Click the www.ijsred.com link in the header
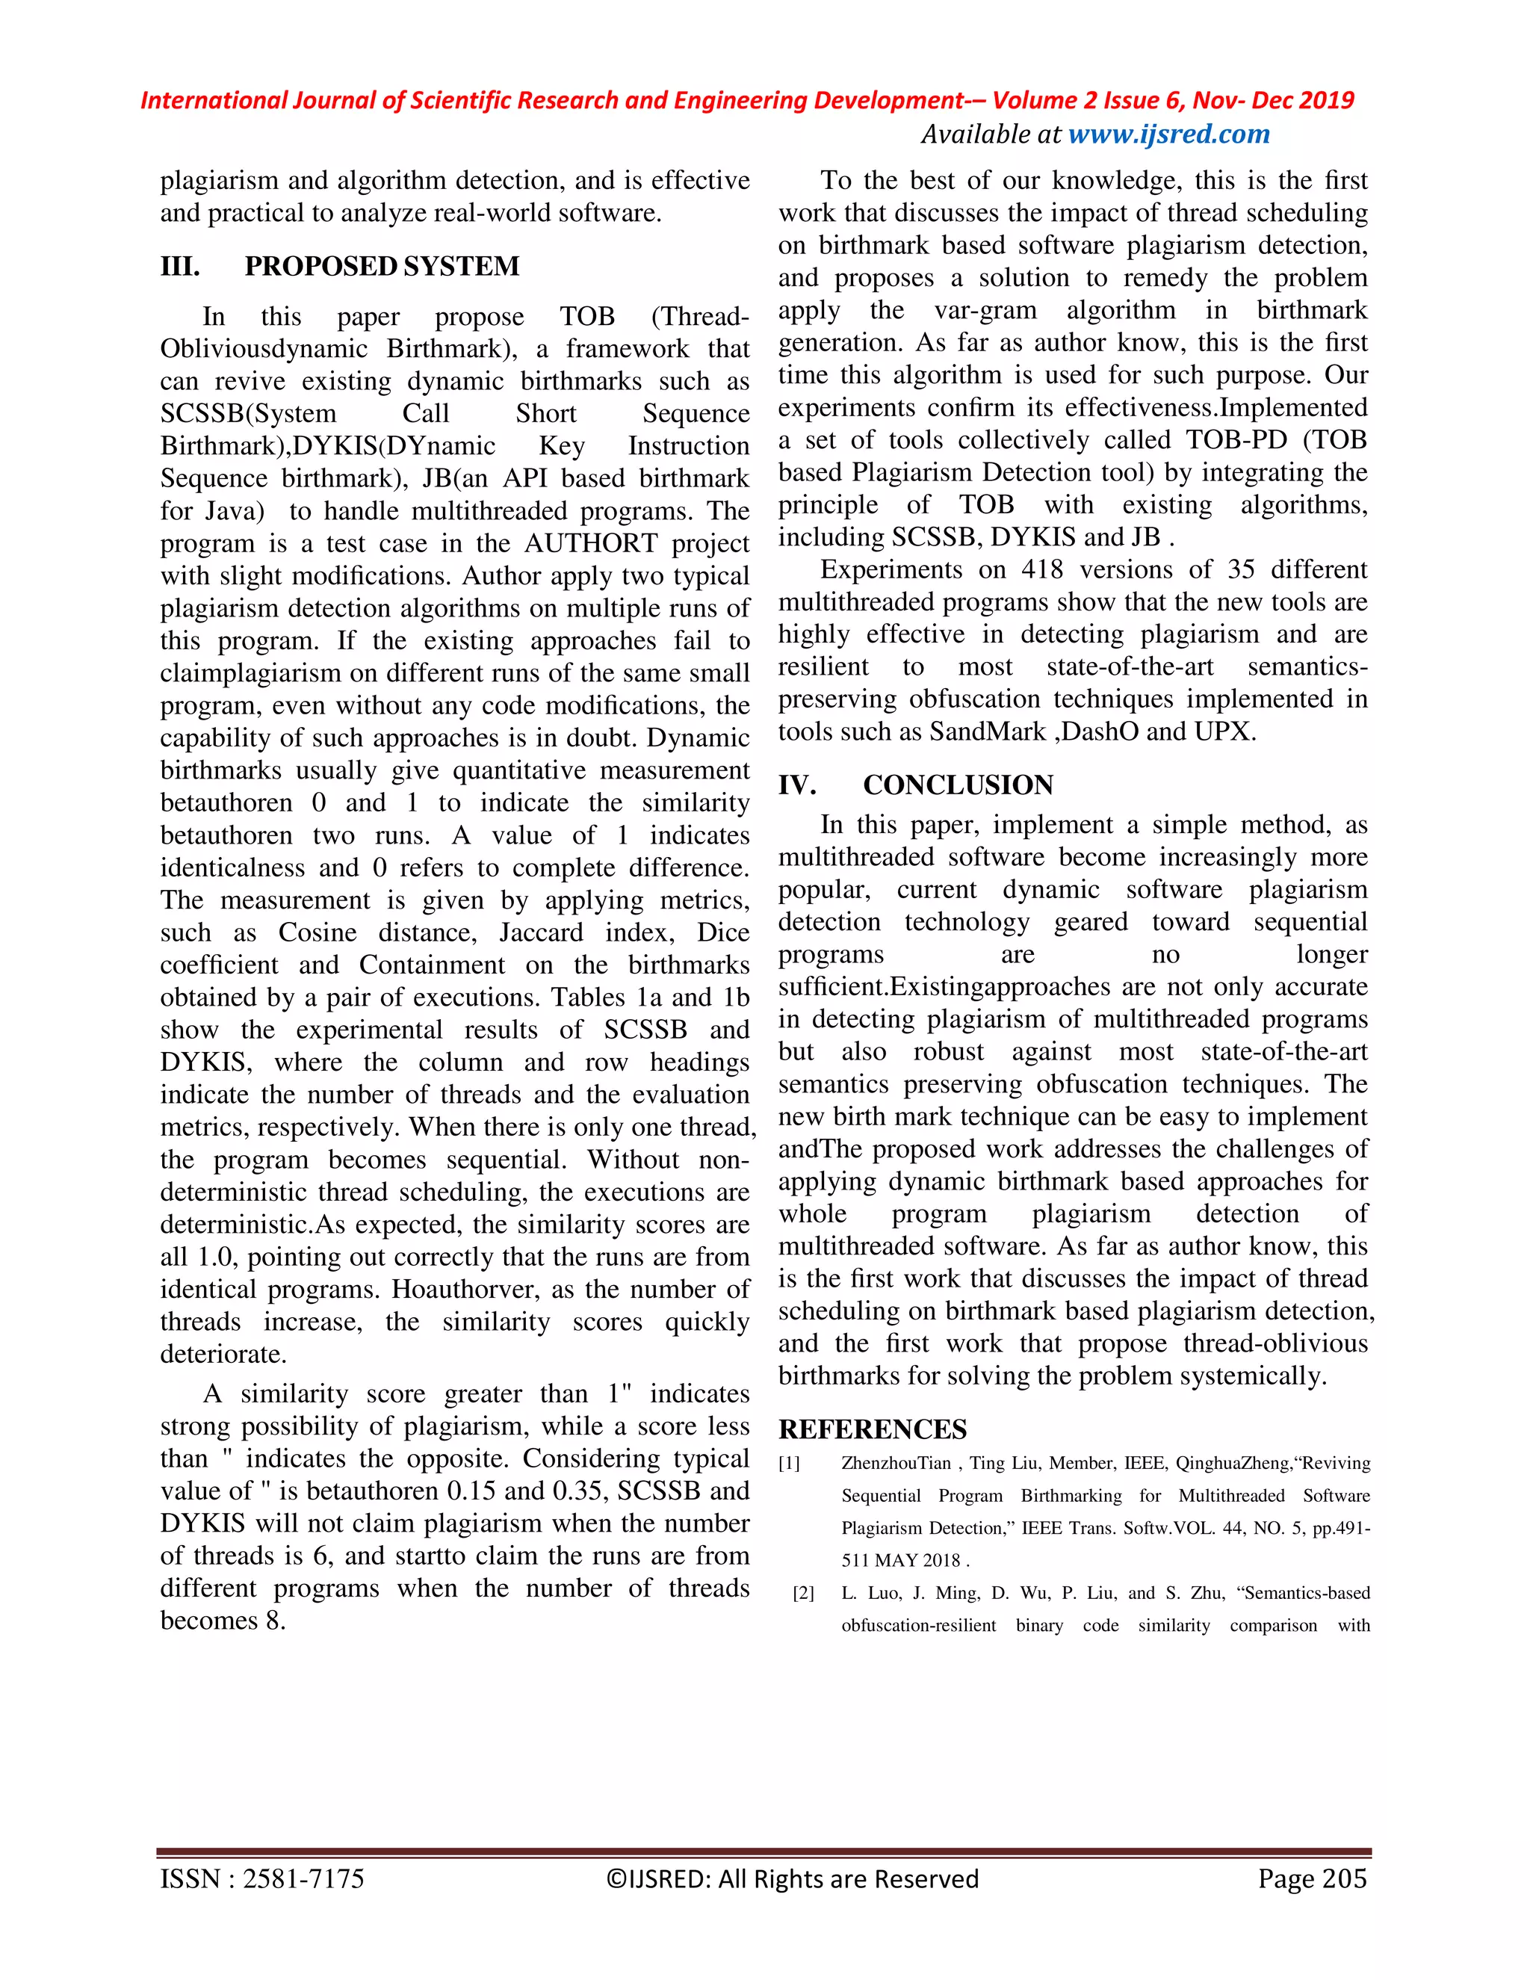(1168, 134)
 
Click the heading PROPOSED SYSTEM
(382, 267)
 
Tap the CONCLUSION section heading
(957, 785)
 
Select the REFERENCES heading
(872, 1429)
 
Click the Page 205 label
(1312, 1878)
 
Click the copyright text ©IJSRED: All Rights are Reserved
(792, 1878)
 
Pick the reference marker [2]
(803, 1594)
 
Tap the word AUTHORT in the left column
(591, 544)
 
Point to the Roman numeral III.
(179, 267)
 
